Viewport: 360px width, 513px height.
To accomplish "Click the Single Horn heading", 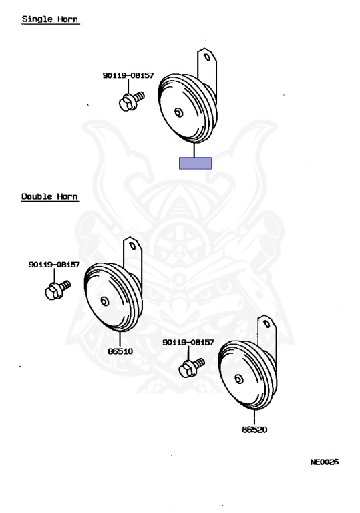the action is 50,19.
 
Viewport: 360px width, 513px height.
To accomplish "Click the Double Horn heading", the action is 49,196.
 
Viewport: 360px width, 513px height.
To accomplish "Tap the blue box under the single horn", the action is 195,163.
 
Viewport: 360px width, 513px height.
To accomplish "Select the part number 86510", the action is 120,351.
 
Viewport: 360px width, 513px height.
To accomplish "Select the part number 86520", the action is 254,430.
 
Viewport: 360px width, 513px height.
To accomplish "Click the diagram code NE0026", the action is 325,462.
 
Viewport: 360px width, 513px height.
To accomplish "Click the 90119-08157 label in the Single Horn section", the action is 128,75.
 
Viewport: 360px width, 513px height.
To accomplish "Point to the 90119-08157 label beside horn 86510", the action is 54,265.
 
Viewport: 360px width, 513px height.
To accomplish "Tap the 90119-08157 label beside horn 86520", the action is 188,342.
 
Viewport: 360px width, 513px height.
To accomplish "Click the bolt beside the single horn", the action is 131,101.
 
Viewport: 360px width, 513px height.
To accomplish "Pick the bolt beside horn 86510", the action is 57,290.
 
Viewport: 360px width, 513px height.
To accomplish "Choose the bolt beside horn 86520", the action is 192,368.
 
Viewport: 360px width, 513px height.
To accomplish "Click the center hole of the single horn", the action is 179,112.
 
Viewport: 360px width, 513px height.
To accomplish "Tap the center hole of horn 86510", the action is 105,301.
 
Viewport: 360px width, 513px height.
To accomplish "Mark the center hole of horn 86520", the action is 239,379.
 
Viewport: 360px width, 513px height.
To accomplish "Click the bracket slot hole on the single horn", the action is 207,57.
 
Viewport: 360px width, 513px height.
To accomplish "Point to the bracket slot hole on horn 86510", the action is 133,246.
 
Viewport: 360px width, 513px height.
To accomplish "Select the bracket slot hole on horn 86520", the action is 267,324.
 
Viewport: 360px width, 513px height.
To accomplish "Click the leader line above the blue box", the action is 195,150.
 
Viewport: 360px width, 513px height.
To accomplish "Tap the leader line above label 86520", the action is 254,417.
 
